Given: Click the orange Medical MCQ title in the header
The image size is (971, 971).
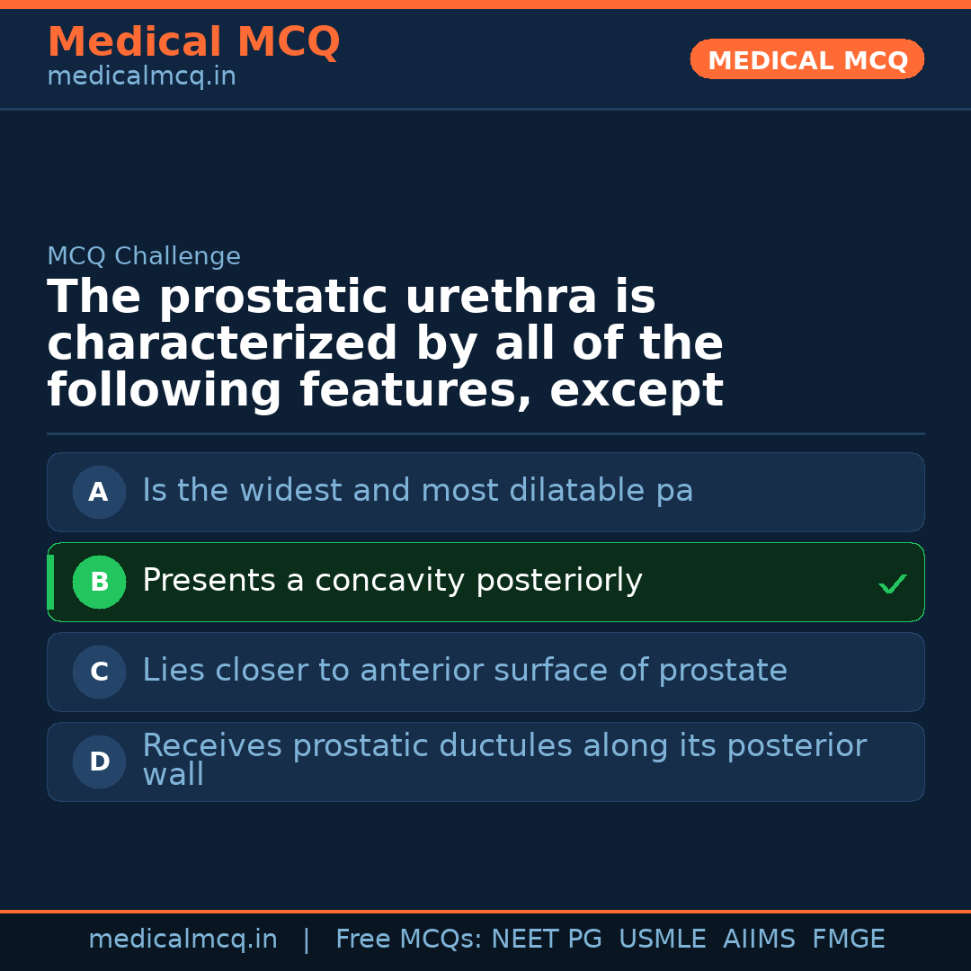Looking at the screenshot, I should pyautogui.click(x=193, y=42).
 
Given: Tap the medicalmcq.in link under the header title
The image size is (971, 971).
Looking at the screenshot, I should pyautogui.click(x=141, y=77).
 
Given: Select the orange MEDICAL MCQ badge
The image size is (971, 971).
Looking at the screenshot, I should pyautogui.click(x=807, y=60).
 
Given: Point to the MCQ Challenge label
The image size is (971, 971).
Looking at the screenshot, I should pyautogui.click(x=144, y=257).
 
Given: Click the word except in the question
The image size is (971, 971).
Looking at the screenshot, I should pyautogui.click(x=637, y=391).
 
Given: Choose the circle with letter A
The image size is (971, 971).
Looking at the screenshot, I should pyautogui.click(x=99, y=493).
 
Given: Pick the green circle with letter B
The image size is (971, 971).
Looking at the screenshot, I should pyautogui.click(x=99, y=583).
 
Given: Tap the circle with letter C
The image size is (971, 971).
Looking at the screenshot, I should pyautogui.click(x=99, y=673).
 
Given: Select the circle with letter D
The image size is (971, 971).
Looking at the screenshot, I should pyautogui.click(x=99, y=762).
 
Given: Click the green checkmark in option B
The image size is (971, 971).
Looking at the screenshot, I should pyautogui.click(x=892, y=584).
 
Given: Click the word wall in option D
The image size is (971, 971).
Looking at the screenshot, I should pyautogui.click(x=173, y=775).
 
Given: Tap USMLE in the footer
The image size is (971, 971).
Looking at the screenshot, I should pyautogui.click(x=662, y=940).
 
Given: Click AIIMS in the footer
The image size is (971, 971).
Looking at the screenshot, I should pyautogui.click(x=759, y=940).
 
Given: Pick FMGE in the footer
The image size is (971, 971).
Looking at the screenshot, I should pyautogui.click(x=848, y=940).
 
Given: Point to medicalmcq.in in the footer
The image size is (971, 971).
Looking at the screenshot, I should pyautogui.click(x=183, y=940).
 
